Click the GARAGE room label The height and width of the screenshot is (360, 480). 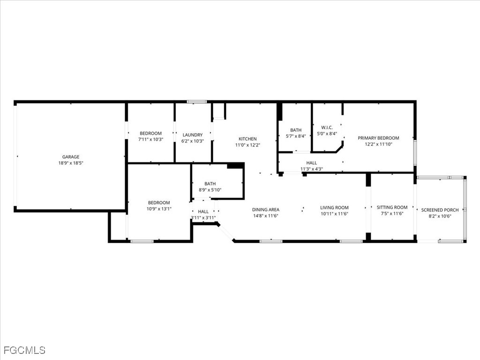pyautogui.click(x=71, y=157)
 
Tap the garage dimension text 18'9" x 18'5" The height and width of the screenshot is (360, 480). pyautogui.click(x=71, y=163)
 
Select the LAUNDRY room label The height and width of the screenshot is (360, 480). pyautogui.click(x=192, y=135)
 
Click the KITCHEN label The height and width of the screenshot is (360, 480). pyautogui.click(x=247, y=139)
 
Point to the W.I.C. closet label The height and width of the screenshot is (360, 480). pyautogui.click(x=327, y=127)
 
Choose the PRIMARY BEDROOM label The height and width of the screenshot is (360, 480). pyautogui.click(x=378, y=138)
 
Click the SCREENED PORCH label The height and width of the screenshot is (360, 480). pyautogui.click(x=440, y=210)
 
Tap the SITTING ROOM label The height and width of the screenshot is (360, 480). pyautogui.click(x=392, y=207)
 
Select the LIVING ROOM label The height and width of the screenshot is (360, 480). pyautogui.click(x=334, y=208)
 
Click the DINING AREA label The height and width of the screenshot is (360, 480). pyautogui.click(x=266, y=210)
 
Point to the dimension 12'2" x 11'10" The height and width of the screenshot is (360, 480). pyautogui.click(x=378, y=144)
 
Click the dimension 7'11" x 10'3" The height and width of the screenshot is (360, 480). pyautogui.click(x=150, y=140)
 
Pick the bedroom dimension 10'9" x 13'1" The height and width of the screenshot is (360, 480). pyautogui.click(x=159, y=209)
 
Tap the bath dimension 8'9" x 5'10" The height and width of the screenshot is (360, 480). pyautogui.click(x=210, y=190)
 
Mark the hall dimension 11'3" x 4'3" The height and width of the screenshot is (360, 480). pyautogui.click(x=312, y=169)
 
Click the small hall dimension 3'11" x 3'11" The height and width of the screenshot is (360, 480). pyautogui.click(x=203, y=217)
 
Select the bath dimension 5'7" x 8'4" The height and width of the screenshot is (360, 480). pyautogui.click(x=296, y=136)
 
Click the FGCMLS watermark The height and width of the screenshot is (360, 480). pyautogui.click(x=24, y=350)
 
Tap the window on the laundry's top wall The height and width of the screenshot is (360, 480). pyautogui.click(x=196, y=102)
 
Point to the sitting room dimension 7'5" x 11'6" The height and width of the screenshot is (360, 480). pyautogui.click(x=392, y=213)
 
